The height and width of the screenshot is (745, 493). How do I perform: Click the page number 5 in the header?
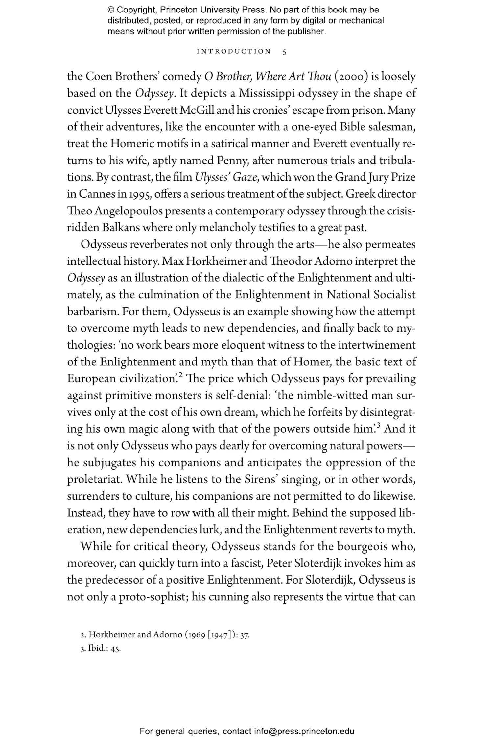(x=284, y=52)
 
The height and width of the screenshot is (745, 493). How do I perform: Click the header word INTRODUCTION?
(x=234, y=52)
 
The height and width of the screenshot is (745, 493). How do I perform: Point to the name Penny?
(x=229, y=161)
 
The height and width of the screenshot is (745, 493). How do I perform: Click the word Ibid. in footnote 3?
(x=98, y=649)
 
